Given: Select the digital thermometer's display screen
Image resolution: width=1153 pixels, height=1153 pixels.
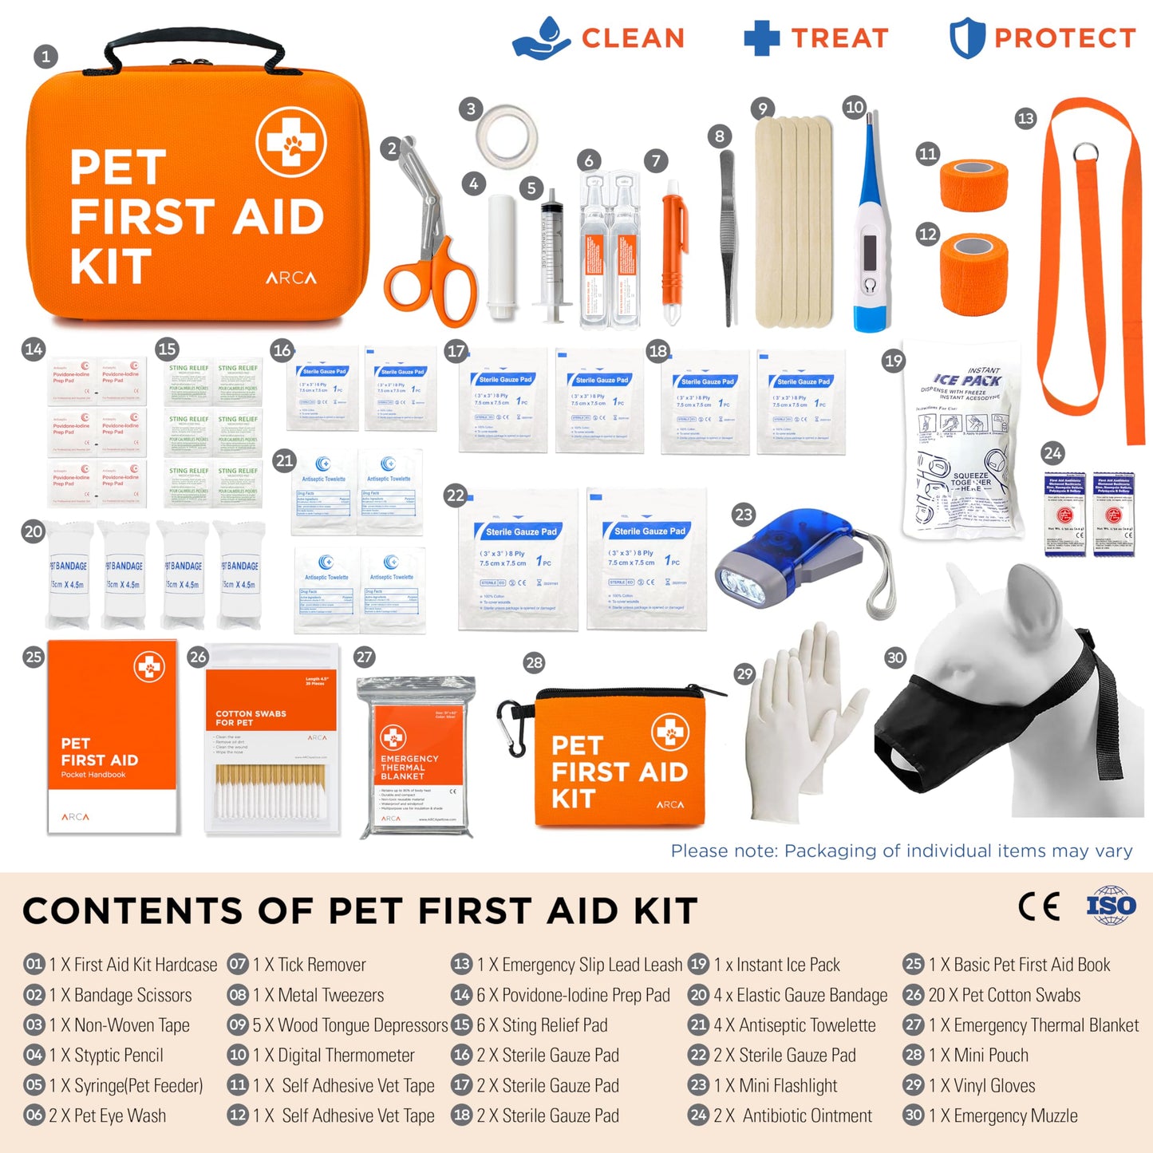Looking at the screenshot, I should point(869,252).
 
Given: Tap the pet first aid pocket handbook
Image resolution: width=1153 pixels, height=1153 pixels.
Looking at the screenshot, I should point(112,738).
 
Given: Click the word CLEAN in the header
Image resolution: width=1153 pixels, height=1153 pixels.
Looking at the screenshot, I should point(633,38).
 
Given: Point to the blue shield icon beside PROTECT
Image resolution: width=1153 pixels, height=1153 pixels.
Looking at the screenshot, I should point(966,38).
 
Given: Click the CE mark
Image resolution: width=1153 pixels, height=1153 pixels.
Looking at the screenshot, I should point(1040,906).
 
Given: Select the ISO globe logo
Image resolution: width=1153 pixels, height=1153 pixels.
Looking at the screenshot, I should point(1111,906).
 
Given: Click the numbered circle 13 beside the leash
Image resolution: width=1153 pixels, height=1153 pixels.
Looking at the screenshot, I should point(1025,119).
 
